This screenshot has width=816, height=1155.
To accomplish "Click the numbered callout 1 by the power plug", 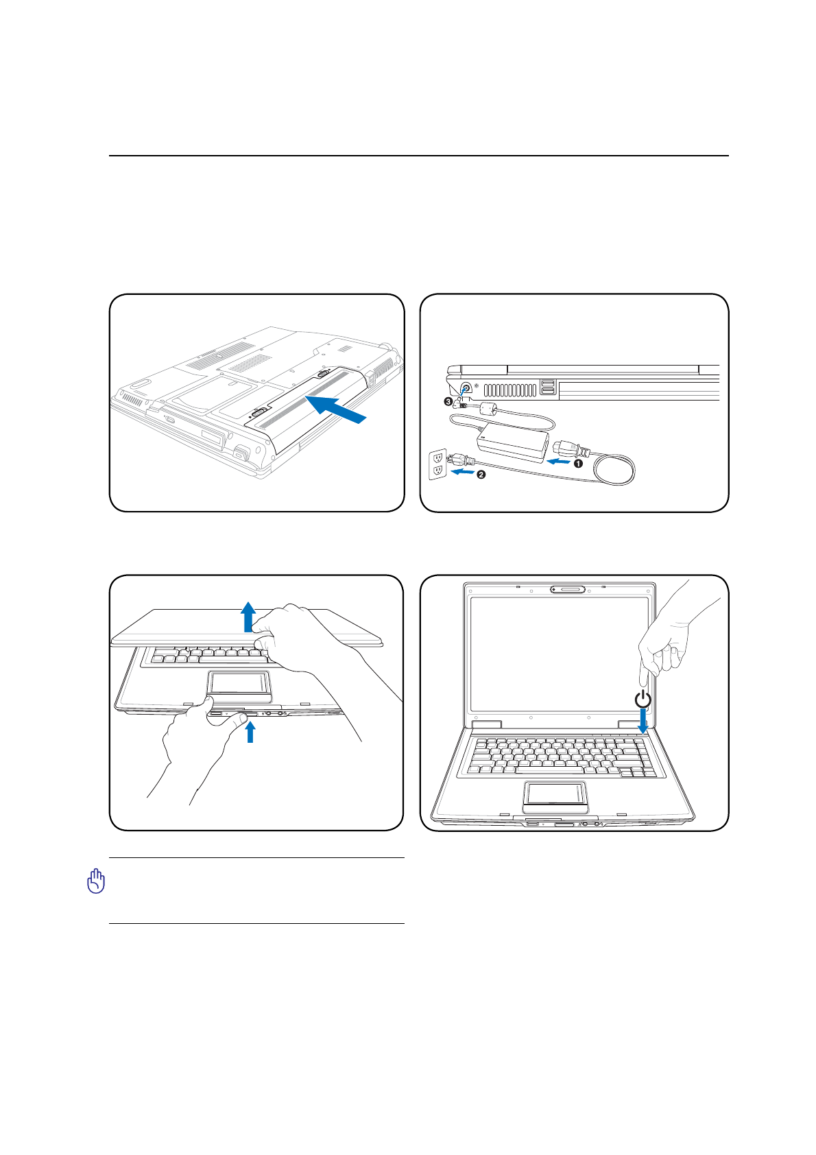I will [x=579, y=464].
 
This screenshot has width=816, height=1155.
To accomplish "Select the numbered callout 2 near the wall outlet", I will [x=481, y=475].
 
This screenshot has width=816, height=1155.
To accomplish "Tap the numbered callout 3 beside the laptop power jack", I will [x=448, y=401].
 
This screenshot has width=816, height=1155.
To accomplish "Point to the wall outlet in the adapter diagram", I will [x=437, y=465].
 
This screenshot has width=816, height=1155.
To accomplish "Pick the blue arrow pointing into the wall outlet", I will [x=462, y=472].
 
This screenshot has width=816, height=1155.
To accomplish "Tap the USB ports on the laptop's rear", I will [x=547, y=387].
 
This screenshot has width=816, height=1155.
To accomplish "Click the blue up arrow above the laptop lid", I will [x=248, y=616].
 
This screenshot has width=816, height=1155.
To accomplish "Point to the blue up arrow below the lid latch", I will [x=250, y=732].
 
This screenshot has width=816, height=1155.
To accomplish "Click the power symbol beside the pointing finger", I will [x=643, y=700].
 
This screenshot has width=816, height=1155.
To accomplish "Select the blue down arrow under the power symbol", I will [x=643, y=720].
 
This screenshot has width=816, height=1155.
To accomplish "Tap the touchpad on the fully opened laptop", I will [x=555, y=794].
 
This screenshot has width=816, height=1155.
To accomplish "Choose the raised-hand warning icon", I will [x=97, y=881].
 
